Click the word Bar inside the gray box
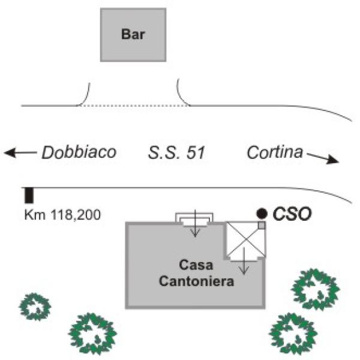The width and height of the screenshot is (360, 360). point(134,34)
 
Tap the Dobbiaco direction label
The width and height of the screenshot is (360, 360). point(79,153)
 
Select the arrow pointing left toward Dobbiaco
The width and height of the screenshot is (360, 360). point(19,153)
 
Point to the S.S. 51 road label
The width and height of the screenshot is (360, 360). point(177,153)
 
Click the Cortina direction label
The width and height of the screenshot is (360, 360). point(274,152)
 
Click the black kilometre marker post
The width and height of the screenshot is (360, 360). point(28,195)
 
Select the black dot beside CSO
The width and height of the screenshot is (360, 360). point(262,213)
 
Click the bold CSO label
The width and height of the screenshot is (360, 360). point(292,213)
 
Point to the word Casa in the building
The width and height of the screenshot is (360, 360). point(196,265)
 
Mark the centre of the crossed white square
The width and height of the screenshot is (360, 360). point(245,239)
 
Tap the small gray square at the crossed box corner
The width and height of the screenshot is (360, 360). point(262,225)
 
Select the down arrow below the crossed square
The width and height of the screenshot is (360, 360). point(244,264)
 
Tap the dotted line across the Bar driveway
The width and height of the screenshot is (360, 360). point(133,106)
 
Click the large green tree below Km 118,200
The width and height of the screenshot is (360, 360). point(92,334)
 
